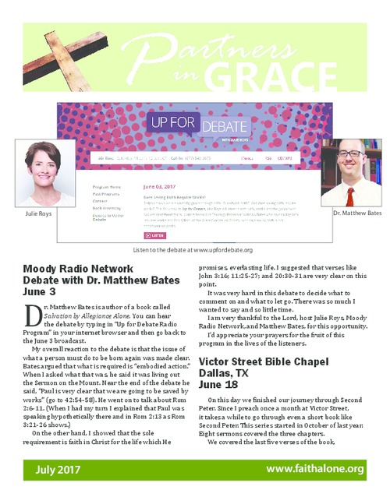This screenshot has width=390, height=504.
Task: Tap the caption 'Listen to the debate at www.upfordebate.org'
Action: (192, 249)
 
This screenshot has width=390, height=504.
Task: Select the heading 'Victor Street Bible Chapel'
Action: (270, 362)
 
